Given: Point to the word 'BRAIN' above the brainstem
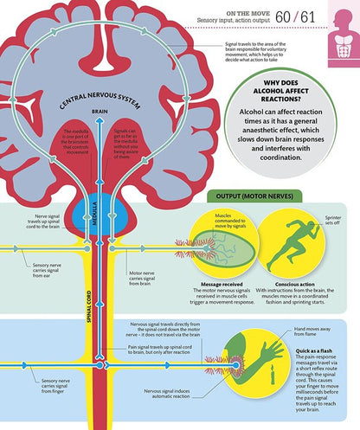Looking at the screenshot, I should click(100, 112).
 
